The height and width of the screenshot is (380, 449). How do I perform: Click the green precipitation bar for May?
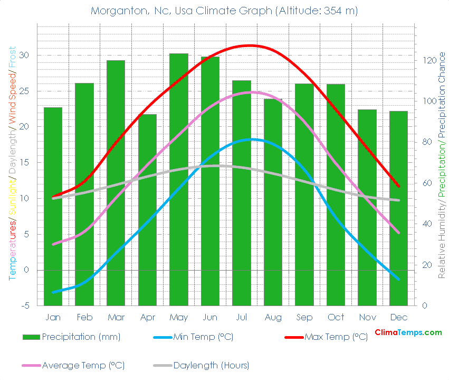[x=178, y=180]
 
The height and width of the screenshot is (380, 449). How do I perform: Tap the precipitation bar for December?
[x=398, y=208]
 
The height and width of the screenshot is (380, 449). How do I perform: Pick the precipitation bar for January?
[x=53, y=206]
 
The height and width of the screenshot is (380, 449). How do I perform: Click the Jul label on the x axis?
[x=242, y=317]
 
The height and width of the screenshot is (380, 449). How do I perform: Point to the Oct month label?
[x=336, y=317]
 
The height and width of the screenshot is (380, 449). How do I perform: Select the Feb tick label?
[x=84, y=317]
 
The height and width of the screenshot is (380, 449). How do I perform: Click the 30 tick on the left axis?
[x=24, y=55]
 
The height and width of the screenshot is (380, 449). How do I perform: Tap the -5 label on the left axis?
[x=24, y=306]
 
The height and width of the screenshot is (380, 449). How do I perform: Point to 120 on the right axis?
[x=426, y=60]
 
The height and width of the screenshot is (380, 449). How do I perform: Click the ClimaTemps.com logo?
[x=408, y=332]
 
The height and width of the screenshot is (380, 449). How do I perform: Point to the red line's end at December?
[x=399, y=186]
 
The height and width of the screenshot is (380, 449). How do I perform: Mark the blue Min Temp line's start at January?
[x=53, y=292]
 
